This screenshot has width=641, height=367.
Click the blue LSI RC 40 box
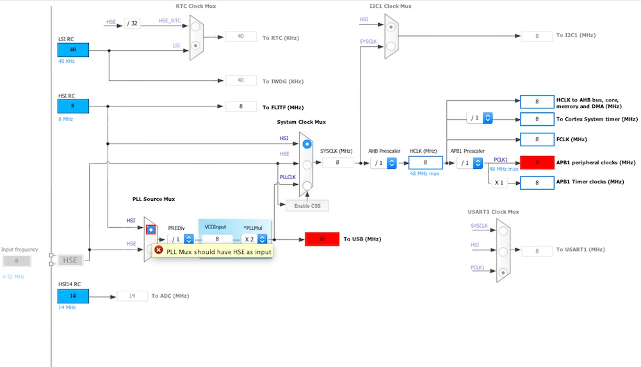click(73, 50)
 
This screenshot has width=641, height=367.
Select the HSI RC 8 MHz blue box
click(73, 106)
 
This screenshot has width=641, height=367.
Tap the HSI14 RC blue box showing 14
click(73, 296)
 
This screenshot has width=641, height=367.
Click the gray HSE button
click(70, 260)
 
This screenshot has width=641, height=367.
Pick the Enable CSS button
click(307, 205)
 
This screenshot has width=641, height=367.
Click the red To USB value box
click(322, 239)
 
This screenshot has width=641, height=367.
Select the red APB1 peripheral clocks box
click(537, 162)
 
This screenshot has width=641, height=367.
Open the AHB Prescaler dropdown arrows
click(392, 163)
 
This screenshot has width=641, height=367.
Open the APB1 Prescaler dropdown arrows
click(478, 163)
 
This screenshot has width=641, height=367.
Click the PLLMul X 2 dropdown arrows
click(263, 239)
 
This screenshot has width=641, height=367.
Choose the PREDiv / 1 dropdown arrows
click(189, 239)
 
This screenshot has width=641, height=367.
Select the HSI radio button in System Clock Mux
click(307, 144)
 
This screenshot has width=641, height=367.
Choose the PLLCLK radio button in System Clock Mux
click(307, 185)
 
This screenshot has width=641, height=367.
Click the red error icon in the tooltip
click(159, 250)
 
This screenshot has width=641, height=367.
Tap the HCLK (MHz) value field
click(425, 162)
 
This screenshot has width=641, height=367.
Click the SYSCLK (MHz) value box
click(337, 162)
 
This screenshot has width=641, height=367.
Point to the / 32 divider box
click(132, 23)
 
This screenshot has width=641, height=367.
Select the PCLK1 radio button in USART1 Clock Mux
click(503, 272)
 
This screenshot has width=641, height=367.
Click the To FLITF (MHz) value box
click(241, 107)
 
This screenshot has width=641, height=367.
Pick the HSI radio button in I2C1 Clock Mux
click(391, 27)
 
